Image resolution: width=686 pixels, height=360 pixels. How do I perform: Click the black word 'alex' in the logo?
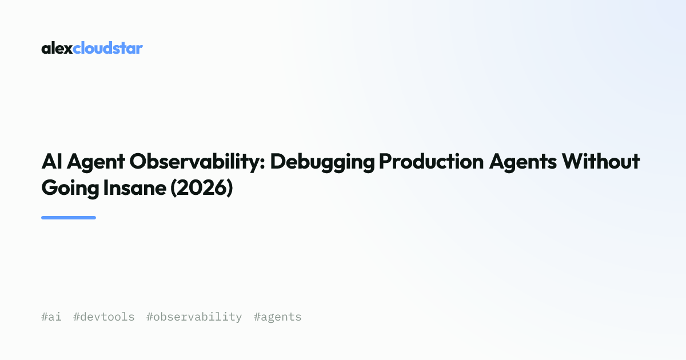click(57, 48)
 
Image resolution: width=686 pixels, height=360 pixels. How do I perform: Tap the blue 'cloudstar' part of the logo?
click(108, 48)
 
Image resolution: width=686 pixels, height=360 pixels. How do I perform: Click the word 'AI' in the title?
click(52, 161)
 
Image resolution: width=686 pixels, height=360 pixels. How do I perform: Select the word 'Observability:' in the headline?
click(197, 162)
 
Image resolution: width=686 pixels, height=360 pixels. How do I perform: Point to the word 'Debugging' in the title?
click(322, 162)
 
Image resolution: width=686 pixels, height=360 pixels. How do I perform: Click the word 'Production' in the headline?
click(432, 161)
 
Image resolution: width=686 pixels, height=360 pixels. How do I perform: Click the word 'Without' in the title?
click(601, 161)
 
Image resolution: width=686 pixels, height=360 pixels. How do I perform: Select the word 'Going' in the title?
click(70, 189)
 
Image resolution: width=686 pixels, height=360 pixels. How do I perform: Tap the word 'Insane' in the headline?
click(135, 187)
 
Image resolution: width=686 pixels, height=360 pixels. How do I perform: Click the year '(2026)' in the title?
click(201, 188)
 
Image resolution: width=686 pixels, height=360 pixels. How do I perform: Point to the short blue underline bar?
click(69, 218)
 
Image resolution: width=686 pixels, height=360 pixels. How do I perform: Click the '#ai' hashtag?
click(51, 317)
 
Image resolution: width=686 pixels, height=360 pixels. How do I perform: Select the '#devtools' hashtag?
click(104, 317)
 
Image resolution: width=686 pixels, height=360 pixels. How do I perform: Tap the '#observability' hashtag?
click(194, 317)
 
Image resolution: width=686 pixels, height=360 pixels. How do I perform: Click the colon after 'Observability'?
click(262, 163)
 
